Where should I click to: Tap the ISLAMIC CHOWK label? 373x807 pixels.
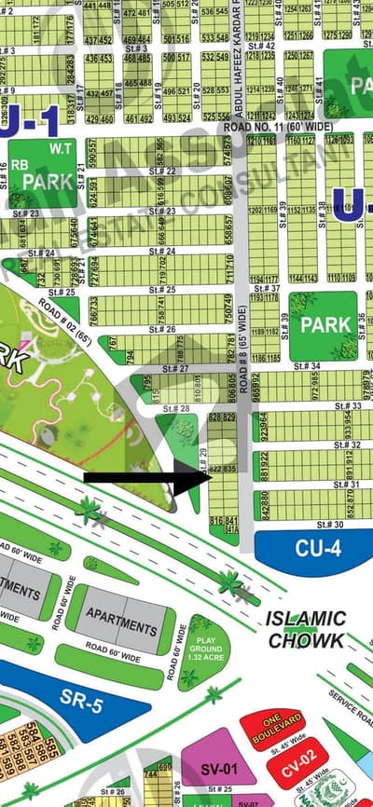(306, 630)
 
